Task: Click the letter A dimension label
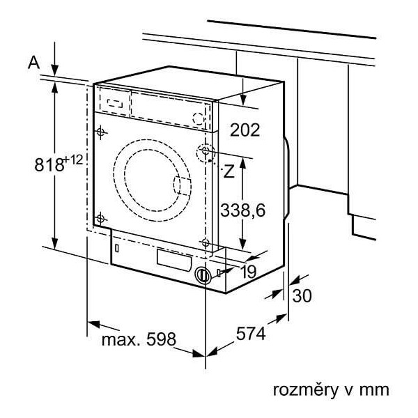[33, 63]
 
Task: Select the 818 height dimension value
[49, 164]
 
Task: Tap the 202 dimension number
[245, 130]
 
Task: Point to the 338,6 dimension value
[243, 210]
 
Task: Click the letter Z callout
[229, 171]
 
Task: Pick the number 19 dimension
[249, 272]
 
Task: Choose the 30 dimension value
[302, 295]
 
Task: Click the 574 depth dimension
[251, 333]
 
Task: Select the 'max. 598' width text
[139, 339]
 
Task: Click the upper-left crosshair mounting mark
[100, 132]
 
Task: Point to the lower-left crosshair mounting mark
[100, 218]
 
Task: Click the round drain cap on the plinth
[203, 275]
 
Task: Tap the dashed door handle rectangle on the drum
[183, 186]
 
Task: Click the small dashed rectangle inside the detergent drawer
[115, 103]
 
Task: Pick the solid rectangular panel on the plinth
[174, 260]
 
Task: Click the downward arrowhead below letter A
[54, 70]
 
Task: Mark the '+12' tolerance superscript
[73, 160]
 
